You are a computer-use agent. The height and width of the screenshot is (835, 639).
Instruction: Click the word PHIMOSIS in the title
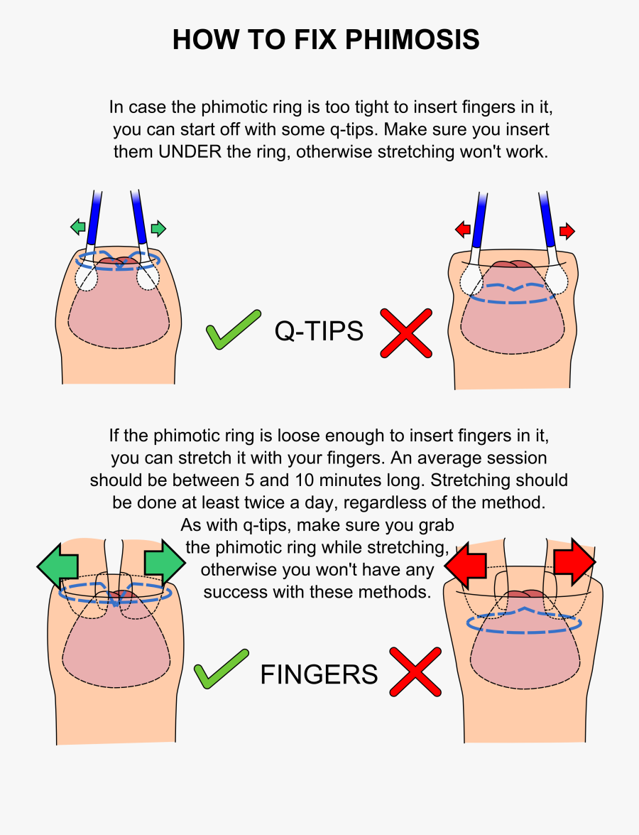pyautogui.click(x=412, y=39)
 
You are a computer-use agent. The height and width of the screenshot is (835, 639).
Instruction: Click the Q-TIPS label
pyautogui.click(x=319, y=330)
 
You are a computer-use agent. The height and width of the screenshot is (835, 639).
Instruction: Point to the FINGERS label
pyautogui.click(x=319, y=674)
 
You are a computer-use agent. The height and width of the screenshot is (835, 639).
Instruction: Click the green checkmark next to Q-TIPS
pyautogui.click(x=233, y=330)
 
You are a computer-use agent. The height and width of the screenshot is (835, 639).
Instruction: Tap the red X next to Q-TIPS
pyautogui.click(x=406, y=333)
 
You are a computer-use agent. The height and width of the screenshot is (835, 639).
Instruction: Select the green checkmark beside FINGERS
pyautogui.click(x=221, y=669)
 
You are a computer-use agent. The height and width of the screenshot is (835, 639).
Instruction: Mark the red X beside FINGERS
pyautogui.click(x=415, y=672)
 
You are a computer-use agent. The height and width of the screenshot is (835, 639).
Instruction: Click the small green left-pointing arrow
pyautogui.click(x=77, y=227)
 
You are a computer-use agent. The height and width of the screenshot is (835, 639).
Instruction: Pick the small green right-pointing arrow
pyautogui.click(x=158, y=228)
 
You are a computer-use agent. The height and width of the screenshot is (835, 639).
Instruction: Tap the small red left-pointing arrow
pyautogui.click(x=463, y=230)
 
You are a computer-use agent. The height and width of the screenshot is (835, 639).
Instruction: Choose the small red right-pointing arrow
pyautogui.click(x=567, y=230)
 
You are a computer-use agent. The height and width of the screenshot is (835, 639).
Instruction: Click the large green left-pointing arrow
pyautogui.click(x=58, y=565)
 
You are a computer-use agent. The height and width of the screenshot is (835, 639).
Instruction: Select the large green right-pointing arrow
pyautogui.click(x=165, y=562)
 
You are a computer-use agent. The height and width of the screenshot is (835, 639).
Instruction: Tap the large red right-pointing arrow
pyautogui.click(x=574, y=562)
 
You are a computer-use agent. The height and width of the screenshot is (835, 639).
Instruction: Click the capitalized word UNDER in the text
pyautogui.click(x=190, y=152)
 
